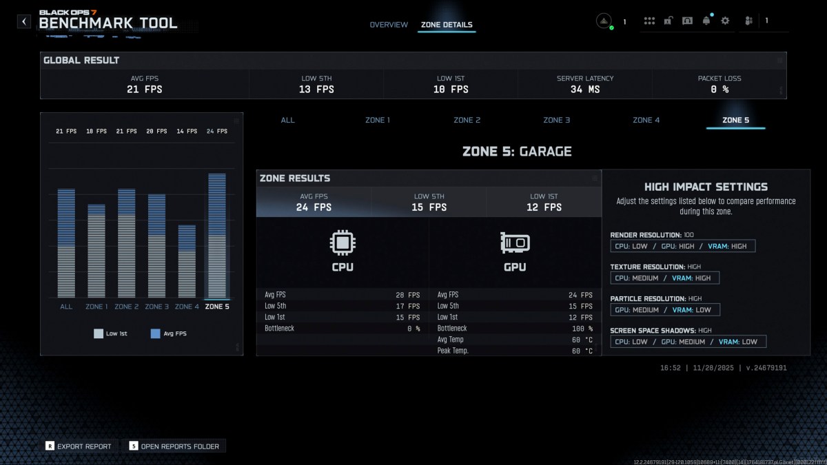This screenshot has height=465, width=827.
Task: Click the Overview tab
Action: click(389, 25)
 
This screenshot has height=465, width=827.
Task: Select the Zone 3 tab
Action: click(557, 120)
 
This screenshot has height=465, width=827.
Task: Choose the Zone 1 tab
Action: click(378, 120)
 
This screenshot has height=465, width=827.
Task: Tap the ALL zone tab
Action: click(287, 120)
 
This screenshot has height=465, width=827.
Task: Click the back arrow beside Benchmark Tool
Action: click(24, 21)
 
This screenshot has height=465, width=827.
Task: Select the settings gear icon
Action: click(725, 21)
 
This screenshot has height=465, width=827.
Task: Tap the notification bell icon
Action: click(706, 21)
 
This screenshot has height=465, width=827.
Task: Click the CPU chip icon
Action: click(343, 242)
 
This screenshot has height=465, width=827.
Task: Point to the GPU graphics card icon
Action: click(515, 242)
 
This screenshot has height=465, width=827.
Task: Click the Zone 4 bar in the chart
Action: click(187, 262)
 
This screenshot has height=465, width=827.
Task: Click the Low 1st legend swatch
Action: click(99, 333)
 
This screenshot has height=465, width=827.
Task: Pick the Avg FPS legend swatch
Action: click(155, 333)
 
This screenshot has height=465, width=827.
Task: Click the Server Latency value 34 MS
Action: click(585, 90)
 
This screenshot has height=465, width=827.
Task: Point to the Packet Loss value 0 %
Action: click(719, 90)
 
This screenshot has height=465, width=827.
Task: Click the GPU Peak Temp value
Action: click(583, 351)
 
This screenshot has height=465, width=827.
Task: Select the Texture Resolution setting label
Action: click(647, 267)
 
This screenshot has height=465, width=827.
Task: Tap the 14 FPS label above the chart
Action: click(187, 131)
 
